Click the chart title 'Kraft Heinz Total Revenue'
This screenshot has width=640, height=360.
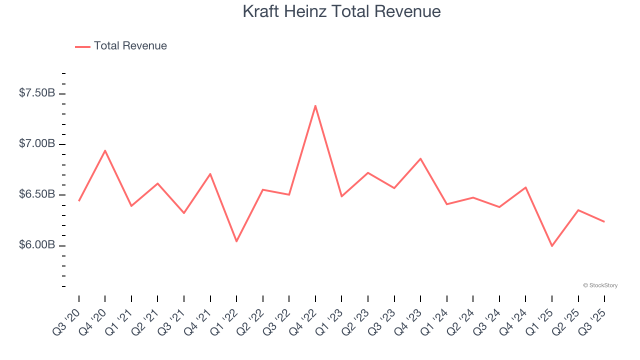coord(341,11)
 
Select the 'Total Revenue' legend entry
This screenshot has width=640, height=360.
coord(121,46)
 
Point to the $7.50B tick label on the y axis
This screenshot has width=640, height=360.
coord(37,93)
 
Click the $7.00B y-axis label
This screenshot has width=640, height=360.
coord(37,144)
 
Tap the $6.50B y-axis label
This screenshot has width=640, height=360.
coord(37,194)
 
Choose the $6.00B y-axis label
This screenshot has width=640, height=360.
coord(37,245)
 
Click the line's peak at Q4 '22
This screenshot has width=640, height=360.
coord(315,105)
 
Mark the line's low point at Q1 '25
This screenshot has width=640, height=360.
coord(552,246)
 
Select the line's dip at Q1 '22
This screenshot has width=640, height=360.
coord(236,241)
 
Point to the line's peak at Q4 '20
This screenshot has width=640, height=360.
coord(105,150)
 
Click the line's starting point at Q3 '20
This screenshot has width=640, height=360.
coord(79,200)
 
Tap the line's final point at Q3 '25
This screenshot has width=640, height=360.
coord(604,221)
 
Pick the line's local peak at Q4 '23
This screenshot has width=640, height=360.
coord(420,158)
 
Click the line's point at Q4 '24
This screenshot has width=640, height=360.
coord(525,187)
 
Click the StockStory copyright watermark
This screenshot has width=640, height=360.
coord(600,285)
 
